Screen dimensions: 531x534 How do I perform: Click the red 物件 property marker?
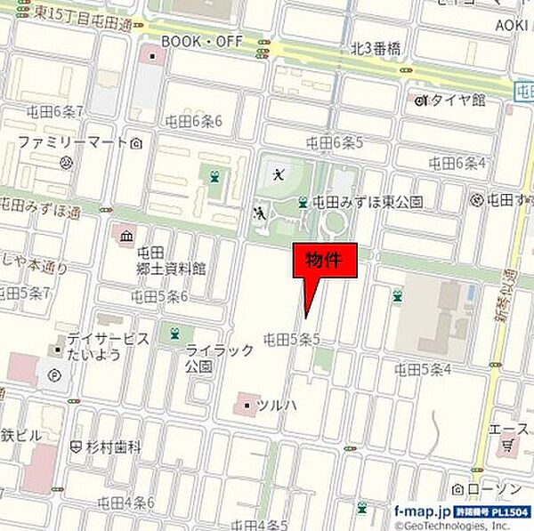click(326, 261)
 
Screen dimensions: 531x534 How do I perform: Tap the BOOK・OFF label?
click(200, 41)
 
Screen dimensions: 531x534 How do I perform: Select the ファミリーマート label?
click(73, 142)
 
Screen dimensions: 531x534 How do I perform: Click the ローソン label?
click(491, 487)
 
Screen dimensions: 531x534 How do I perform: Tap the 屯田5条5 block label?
click(291, 338)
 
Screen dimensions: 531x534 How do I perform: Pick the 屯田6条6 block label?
click(193, 121)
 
